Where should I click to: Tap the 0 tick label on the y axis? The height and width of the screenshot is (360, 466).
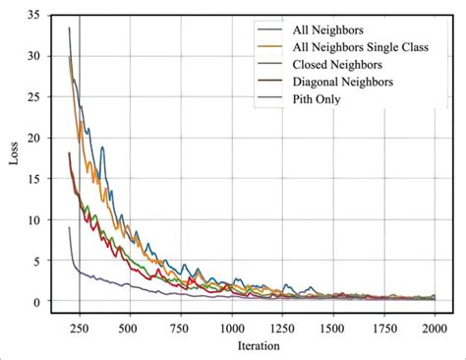coord(35,302)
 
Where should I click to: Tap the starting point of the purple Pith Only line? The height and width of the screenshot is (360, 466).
coord(69,228)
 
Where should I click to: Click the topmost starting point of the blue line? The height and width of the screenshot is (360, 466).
coord(69,29)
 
